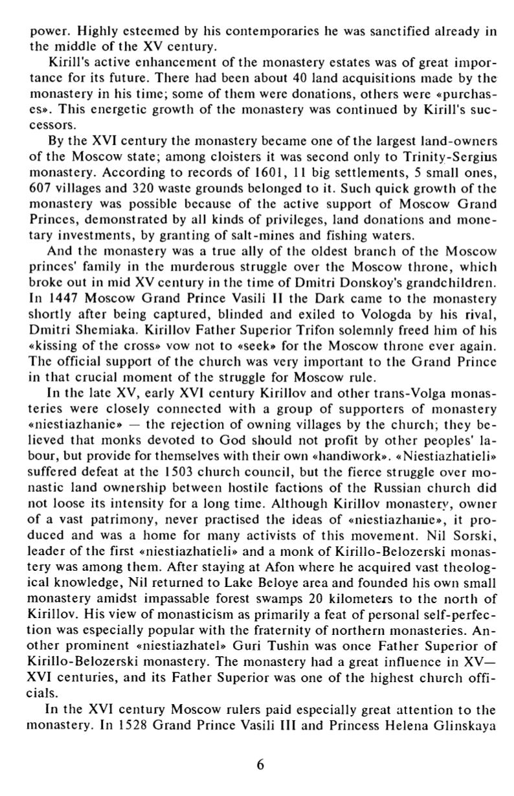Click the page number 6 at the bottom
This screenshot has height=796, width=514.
click(x=260, y=764)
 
